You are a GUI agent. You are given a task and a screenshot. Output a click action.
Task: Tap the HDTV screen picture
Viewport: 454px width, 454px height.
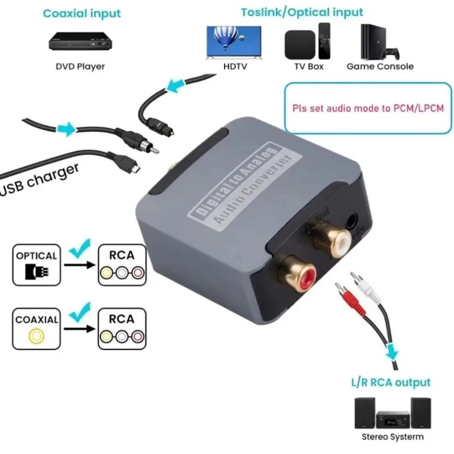pos(233,41)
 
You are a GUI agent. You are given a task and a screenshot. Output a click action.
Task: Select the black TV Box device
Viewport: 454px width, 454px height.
pos(299,44)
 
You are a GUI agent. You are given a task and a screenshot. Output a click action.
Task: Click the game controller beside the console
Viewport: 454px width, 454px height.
pos(391,52)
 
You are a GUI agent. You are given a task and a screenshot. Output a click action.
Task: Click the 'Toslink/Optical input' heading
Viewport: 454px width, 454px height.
pos(301,12)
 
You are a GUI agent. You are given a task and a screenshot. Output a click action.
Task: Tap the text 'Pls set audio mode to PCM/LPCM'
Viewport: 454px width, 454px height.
pos(368,108)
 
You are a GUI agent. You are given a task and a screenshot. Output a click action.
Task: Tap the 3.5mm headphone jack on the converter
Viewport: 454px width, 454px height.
pos(352,220)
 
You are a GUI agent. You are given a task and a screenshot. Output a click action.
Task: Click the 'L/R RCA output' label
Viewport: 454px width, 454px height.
pos(391,382)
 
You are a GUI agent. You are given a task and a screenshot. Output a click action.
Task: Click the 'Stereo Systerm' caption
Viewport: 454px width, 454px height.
pos(392,437)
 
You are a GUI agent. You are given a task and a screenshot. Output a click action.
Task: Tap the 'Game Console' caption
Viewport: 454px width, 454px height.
pos(380,66)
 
